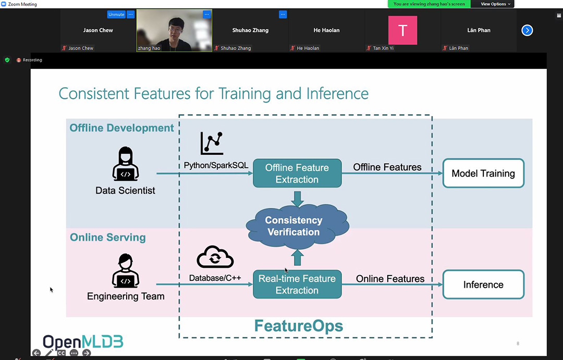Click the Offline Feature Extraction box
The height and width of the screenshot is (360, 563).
pyautogui.click(x=297, y=173)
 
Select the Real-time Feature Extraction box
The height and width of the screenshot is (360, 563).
pyautogui.click(x=297, y=284)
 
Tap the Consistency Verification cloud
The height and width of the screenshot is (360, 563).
pyautogui.click(x=297, y=227)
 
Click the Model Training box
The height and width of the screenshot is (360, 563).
pyautogui.click(x=483, y=173)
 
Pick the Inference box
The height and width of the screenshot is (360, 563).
pyautogui.click(x=483, y=284)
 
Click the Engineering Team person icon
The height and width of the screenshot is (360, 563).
pyautogui.click(x=125, y=270)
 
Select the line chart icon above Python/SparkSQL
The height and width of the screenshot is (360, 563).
pyautogui.click(x=212, y=143)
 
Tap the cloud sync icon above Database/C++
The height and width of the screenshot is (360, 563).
pyautogui.click(x=215, y=257)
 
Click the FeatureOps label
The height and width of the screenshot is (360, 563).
pyautogui.click(x=298, y=326)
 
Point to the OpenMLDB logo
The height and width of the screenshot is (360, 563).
pyautogui.click(x=83, y=342)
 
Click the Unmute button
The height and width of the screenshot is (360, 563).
pyautogui.click(x=116, y=15)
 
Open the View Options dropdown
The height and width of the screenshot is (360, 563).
pyautogui.click(x=496, y=4)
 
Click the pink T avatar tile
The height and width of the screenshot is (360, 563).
pyautogui.click(x=402, y=30)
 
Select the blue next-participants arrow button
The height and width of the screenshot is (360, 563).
pyautogui.click(x=527, y=31)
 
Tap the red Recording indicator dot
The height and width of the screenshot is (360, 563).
pyautogui.click(x=19, y=60)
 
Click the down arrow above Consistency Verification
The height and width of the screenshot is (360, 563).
pyautogui.click(x=297, y=199)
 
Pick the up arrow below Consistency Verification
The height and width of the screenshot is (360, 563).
pyautogui.click(x=297, y=258)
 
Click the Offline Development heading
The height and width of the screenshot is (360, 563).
pyautogui.click(x=121, y=128)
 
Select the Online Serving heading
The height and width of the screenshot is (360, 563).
pyautogui.click(x=108, y=237)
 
